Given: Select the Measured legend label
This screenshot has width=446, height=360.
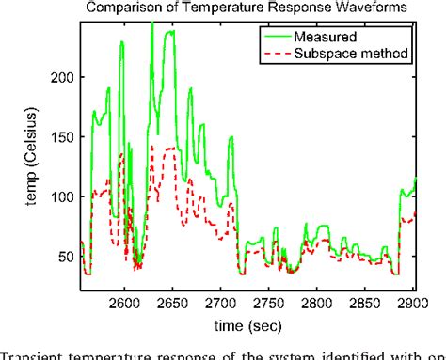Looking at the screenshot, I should tap(327, 38).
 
